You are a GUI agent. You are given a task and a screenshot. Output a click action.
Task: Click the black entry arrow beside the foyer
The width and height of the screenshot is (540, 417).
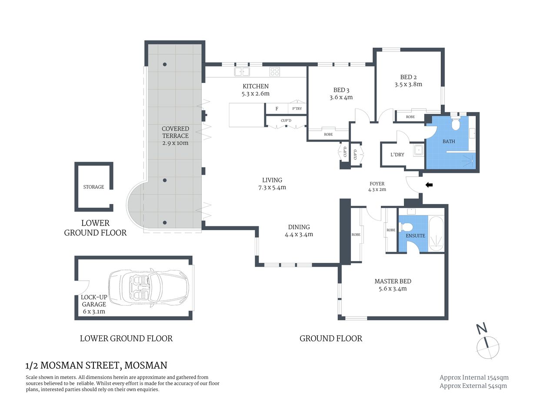click(429, 185)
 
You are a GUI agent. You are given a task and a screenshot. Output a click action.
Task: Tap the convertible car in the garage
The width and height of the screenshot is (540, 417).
click(149, 287)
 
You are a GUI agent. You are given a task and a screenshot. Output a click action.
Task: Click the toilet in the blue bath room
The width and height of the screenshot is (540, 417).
click(456, 125)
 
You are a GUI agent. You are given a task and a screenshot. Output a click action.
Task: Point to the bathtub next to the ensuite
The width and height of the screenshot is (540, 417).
click(436, 234)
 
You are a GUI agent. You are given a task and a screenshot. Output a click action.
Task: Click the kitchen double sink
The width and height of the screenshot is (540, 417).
click(241, 72)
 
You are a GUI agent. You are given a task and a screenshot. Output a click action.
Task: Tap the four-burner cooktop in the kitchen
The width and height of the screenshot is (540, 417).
click(274, 72)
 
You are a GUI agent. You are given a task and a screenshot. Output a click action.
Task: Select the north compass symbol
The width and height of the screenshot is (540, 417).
click(487, 343)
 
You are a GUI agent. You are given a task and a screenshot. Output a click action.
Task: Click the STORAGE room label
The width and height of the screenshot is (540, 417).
click(93, 187)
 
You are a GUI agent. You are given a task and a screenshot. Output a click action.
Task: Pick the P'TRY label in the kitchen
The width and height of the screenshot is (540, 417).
click(297, 109)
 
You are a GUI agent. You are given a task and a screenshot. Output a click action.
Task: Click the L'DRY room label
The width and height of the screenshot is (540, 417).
click(397, 155)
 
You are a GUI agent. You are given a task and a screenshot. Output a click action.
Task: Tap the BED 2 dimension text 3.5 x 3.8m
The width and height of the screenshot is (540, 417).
click(408, 84)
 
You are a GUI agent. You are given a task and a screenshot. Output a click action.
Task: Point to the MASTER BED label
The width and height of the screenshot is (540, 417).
click(393, 281)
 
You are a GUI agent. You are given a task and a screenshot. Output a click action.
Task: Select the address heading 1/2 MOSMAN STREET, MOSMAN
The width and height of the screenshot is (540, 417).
click(96, 365)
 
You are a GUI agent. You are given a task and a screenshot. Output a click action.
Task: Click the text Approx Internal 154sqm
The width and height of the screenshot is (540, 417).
click(474, 377)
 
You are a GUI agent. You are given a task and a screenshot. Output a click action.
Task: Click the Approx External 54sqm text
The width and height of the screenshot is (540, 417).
click(473, 386)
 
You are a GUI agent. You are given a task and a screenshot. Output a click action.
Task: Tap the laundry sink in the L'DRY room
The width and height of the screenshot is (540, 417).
click(419, 150)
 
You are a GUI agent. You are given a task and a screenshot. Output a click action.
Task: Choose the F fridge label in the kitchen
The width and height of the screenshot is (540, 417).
click(277, 109)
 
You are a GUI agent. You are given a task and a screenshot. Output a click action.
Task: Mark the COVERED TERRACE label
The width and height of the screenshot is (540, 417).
click(175, 132)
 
